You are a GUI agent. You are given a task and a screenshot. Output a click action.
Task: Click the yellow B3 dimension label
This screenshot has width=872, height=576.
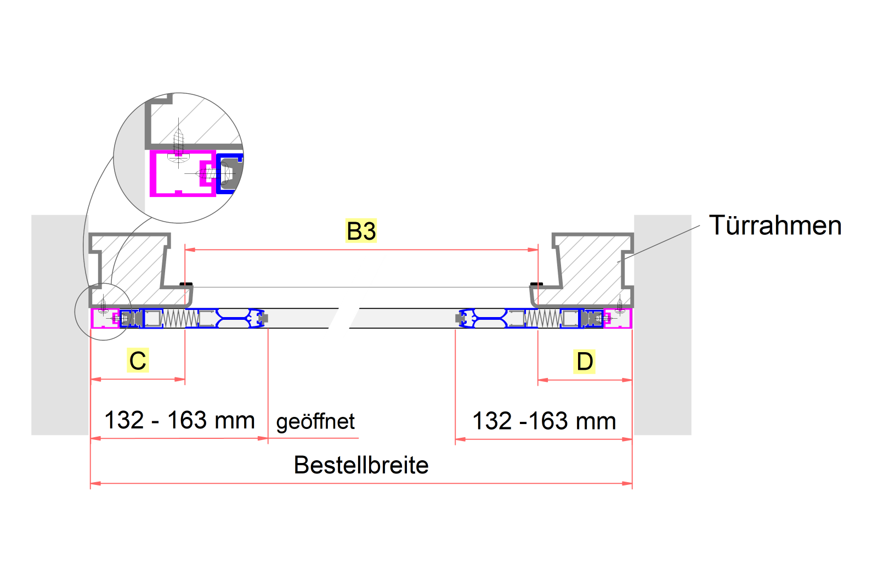(361, 231)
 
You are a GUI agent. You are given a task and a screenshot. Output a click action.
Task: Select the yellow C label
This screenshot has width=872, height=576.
(138, 360)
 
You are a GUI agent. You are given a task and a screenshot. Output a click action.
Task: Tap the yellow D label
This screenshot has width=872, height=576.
(585, 362)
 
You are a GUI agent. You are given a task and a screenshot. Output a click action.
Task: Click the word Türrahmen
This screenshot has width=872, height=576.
(775, 225)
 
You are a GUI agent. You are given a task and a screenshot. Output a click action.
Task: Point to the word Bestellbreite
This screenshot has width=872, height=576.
(361, 465)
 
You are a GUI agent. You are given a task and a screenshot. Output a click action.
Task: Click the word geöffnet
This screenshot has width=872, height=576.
(315, 422)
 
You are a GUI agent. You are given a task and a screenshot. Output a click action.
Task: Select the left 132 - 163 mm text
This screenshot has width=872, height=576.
(179, 420)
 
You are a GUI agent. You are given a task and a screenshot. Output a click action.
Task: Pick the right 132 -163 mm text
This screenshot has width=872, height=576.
(544, 421)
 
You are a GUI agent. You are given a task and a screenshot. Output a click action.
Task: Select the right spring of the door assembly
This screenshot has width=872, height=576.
(542, 318)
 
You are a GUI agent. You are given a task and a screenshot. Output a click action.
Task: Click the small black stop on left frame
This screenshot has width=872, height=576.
(186, 284)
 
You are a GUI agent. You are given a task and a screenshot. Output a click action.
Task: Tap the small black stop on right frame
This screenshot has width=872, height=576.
(536, 284)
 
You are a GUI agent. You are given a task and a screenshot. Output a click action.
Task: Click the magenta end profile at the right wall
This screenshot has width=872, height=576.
(625, 319)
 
